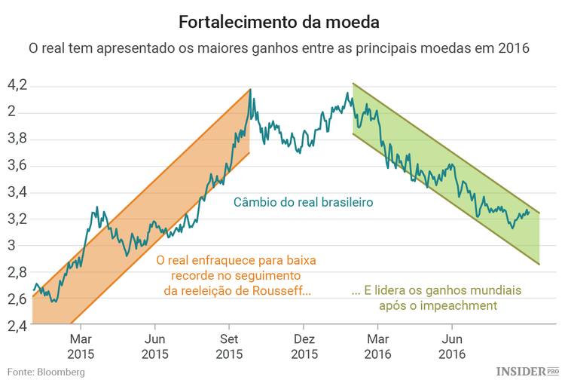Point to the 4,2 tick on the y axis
(x=17, y=85)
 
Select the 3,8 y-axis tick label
(x=17, y=139)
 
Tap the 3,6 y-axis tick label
(x=17, y=166)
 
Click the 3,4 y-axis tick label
(x=17, y=192)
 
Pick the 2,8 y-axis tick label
(x=17, y=272)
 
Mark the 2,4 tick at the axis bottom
(x=17, y=326)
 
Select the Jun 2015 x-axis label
(x=154, y=346)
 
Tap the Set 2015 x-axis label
(x=230, y=346)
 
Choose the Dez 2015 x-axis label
(x=304, y=346)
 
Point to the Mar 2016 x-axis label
(x=378, y=346)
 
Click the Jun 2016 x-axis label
(x=452, y=346)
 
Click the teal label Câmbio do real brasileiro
(x=304, y=203)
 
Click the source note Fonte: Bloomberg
(x=46, y=372)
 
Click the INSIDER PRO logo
(x=527, y=372)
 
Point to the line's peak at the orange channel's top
(x=250, y=90)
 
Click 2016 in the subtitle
(x=514, y=48)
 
